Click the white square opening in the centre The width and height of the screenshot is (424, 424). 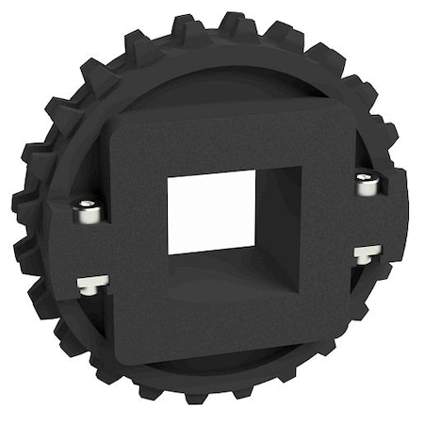click(211, 212)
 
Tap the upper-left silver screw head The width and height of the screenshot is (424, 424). click(90, 211)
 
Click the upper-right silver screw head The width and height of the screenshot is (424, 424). click(367, 184)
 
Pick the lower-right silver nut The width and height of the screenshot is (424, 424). click(367, 252)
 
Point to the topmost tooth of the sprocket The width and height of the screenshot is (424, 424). click(229, 21)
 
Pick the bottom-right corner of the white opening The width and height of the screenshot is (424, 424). click(256, 247)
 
